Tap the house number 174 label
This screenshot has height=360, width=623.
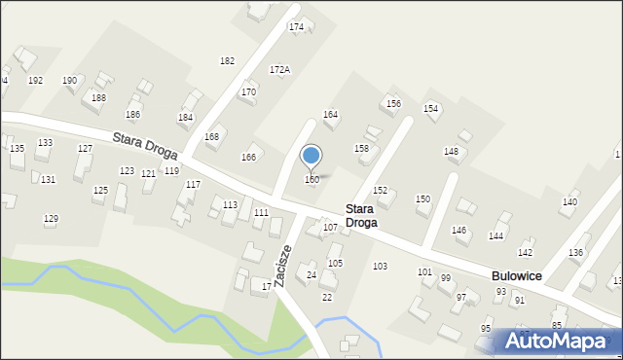tap(296, 26)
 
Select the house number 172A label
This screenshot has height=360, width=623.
tap(279, 70)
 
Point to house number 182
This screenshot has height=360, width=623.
tap(227, 60)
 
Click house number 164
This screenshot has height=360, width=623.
tap(330, 115)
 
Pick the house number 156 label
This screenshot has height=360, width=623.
tap(393, 103)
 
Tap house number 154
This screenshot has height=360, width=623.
tap(430, 108)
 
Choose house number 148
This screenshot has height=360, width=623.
tap(451, 151)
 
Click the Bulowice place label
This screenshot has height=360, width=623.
tap(516, 276)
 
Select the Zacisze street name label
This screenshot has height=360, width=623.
tap(282, 263)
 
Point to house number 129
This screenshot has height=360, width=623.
tap(51, 219)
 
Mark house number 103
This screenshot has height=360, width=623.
tap(380, 266)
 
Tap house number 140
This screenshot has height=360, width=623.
tap(568, 202)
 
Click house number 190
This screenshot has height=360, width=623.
tap(70, 80)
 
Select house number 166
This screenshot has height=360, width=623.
tap(248, 158)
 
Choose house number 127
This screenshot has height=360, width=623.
tap(85, 149)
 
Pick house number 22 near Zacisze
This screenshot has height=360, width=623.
tap(327, 297)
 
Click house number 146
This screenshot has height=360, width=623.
tap(459, 231)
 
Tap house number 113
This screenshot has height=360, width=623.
tap(230, 204)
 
